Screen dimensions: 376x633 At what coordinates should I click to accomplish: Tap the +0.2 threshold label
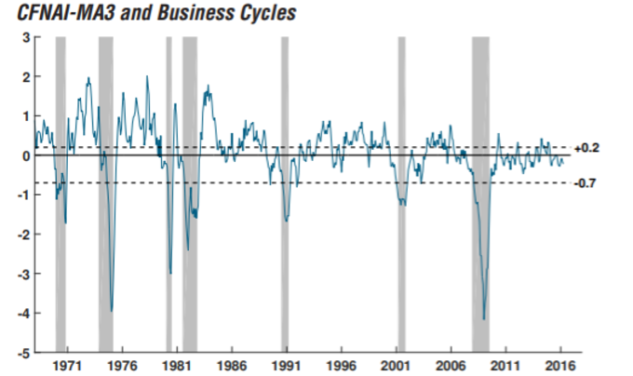pyautogui.click(x=586, y=148)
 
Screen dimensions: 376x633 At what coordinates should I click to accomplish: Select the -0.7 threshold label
pyautogui.click(x=585, y=183)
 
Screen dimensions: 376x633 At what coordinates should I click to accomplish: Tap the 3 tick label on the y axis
pyautogui.click(x=25, y=37)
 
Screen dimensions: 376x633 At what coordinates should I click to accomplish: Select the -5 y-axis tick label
pyautogui.click(x=22, y=353)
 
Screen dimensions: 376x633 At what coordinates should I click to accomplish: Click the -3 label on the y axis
pyautogui.click(x=22, y=274)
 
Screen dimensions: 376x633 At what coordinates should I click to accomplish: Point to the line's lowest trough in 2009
pyautogui.click(x=483, y=319)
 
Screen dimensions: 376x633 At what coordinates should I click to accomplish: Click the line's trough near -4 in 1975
pyautogui.click(x=112, y=311)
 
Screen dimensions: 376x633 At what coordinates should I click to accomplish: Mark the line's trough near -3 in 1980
pyautogui.click(x=170, y=273)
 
